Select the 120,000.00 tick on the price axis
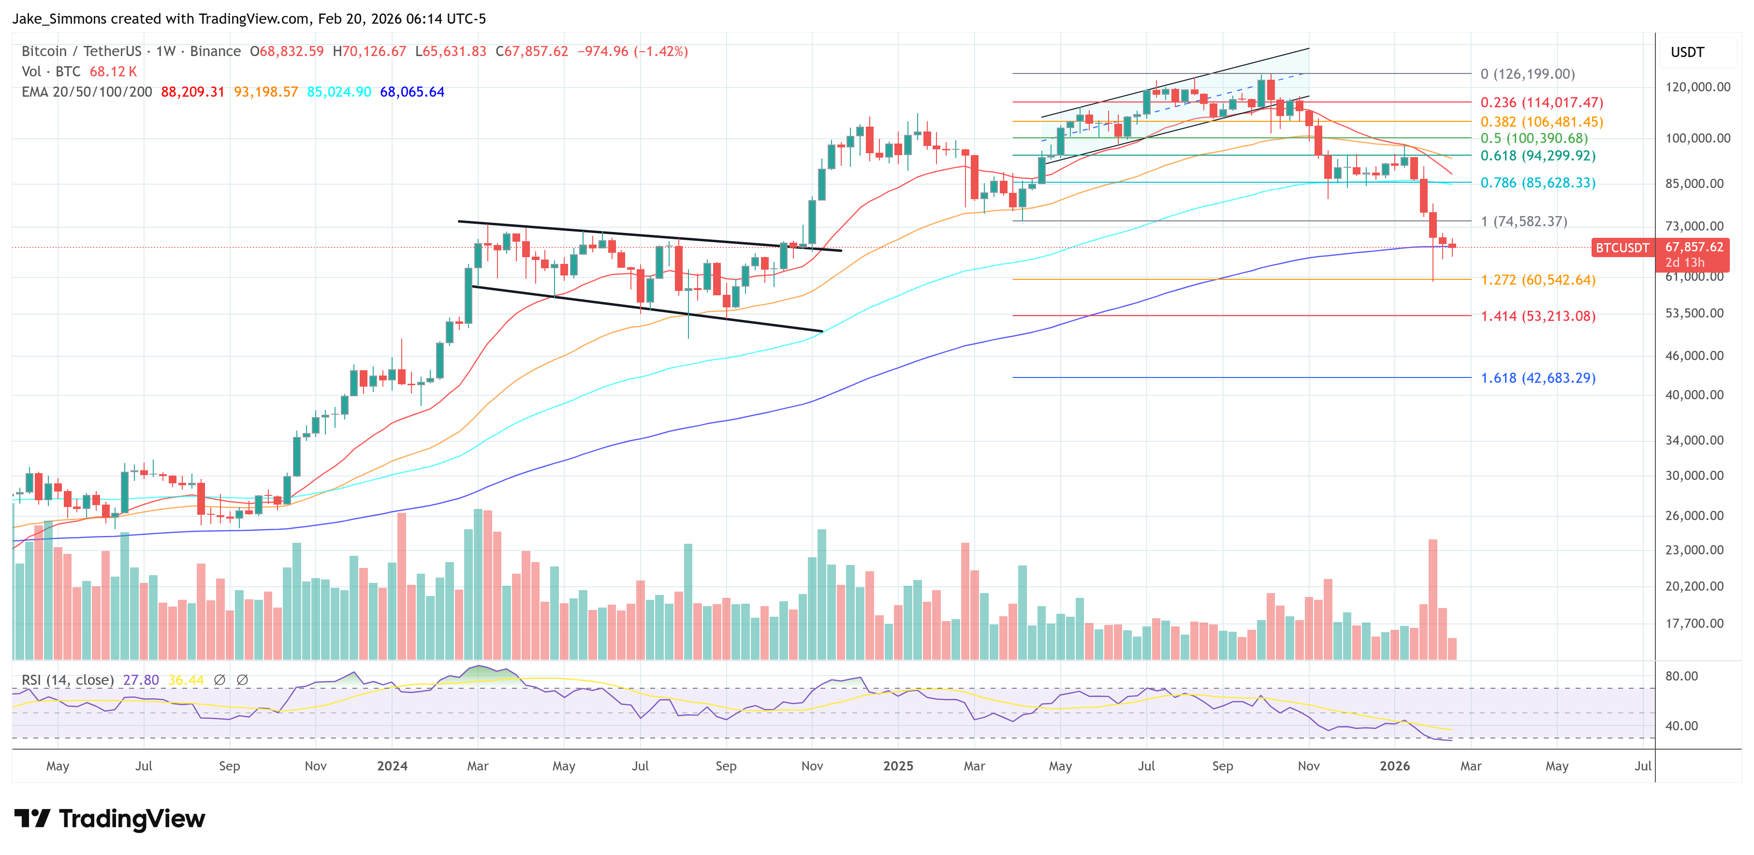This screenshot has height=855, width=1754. coord(1697,87)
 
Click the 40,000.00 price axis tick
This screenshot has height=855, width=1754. coord(1694,395)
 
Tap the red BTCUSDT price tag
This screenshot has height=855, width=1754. coord(1622,248)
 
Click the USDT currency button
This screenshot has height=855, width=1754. coord(1687,52)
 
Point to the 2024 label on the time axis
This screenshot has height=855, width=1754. coord(392,766)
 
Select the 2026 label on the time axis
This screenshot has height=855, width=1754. coord(1394,766)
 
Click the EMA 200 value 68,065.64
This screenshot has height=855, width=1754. coord(412,92)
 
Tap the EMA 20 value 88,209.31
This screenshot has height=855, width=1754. coord(193,92)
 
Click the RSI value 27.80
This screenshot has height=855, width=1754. coord(141,680)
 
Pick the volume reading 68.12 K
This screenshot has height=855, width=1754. coord(113,72)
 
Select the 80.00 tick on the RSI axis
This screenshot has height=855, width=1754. coord(1681,676)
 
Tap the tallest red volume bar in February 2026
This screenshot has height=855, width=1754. coord(1432,599)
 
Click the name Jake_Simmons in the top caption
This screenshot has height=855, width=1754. coord(60,18)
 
